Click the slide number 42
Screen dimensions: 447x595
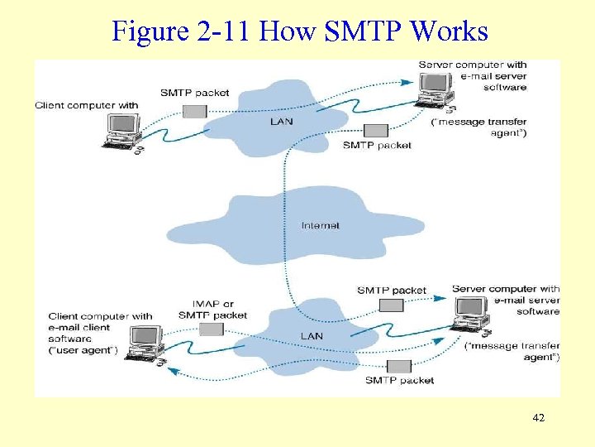(539, 418)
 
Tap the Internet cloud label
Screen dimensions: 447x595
(320, 225)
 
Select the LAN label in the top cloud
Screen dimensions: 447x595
(281, 122)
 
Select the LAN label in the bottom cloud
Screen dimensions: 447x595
(312, 335)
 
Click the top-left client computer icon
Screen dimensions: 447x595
(122, 131)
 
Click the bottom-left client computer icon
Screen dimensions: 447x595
(145, 343)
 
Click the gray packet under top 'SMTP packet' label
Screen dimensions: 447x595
(195, 111)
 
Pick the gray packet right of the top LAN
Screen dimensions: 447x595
(376, 130)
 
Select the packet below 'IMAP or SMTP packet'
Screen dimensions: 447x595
(211, 329)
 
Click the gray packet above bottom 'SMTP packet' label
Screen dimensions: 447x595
(400, 366)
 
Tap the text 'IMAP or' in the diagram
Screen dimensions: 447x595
(212, 304)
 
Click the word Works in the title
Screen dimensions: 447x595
(449, 31)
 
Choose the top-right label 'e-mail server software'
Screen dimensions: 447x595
(493, 82)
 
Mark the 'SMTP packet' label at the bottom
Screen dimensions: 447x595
(399, 381)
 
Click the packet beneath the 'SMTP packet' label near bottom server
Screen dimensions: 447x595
(391, 305)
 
